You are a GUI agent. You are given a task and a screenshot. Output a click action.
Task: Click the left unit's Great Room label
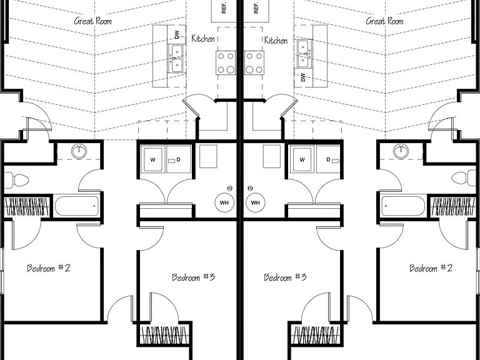(x=92, y=21)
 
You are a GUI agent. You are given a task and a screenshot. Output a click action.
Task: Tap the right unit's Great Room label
(x=384, y=21)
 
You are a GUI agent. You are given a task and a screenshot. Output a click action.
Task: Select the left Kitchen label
(x=203, y=38)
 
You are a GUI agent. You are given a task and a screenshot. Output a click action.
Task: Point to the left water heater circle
(x=224, y=202)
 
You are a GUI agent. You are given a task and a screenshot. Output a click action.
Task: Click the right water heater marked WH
(x=255, y=202)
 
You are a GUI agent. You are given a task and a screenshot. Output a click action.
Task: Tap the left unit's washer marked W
(x=153, y=159)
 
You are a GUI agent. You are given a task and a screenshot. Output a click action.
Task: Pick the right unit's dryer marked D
(x=328, y=159)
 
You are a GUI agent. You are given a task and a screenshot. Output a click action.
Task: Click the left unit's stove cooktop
(x=226, y=63)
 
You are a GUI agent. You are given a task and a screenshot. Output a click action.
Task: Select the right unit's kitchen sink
(x=303, y=54)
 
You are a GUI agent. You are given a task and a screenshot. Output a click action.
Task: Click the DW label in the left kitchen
(x=177, y=34)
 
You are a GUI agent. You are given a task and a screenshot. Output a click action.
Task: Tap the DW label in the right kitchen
(x=303, y=77)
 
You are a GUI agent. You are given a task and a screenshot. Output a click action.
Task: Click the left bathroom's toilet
(x=16, y=180)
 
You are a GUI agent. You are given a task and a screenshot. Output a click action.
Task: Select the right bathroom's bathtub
(x=403, y=206)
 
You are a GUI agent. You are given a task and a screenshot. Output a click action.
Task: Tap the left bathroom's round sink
(x=79, y=151)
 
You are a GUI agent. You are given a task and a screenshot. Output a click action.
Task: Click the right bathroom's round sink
(x=401, y=151)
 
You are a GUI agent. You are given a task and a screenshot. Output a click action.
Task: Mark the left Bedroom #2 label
(x=49, y=268)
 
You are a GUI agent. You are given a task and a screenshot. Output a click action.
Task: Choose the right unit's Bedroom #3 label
(x=285, y=277)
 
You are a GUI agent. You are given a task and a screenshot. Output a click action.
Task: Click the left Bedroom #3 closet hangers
(x=164, y=335)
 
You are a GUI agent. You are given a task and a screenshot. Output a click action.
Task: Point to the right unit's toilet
(x=464, y=178)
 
